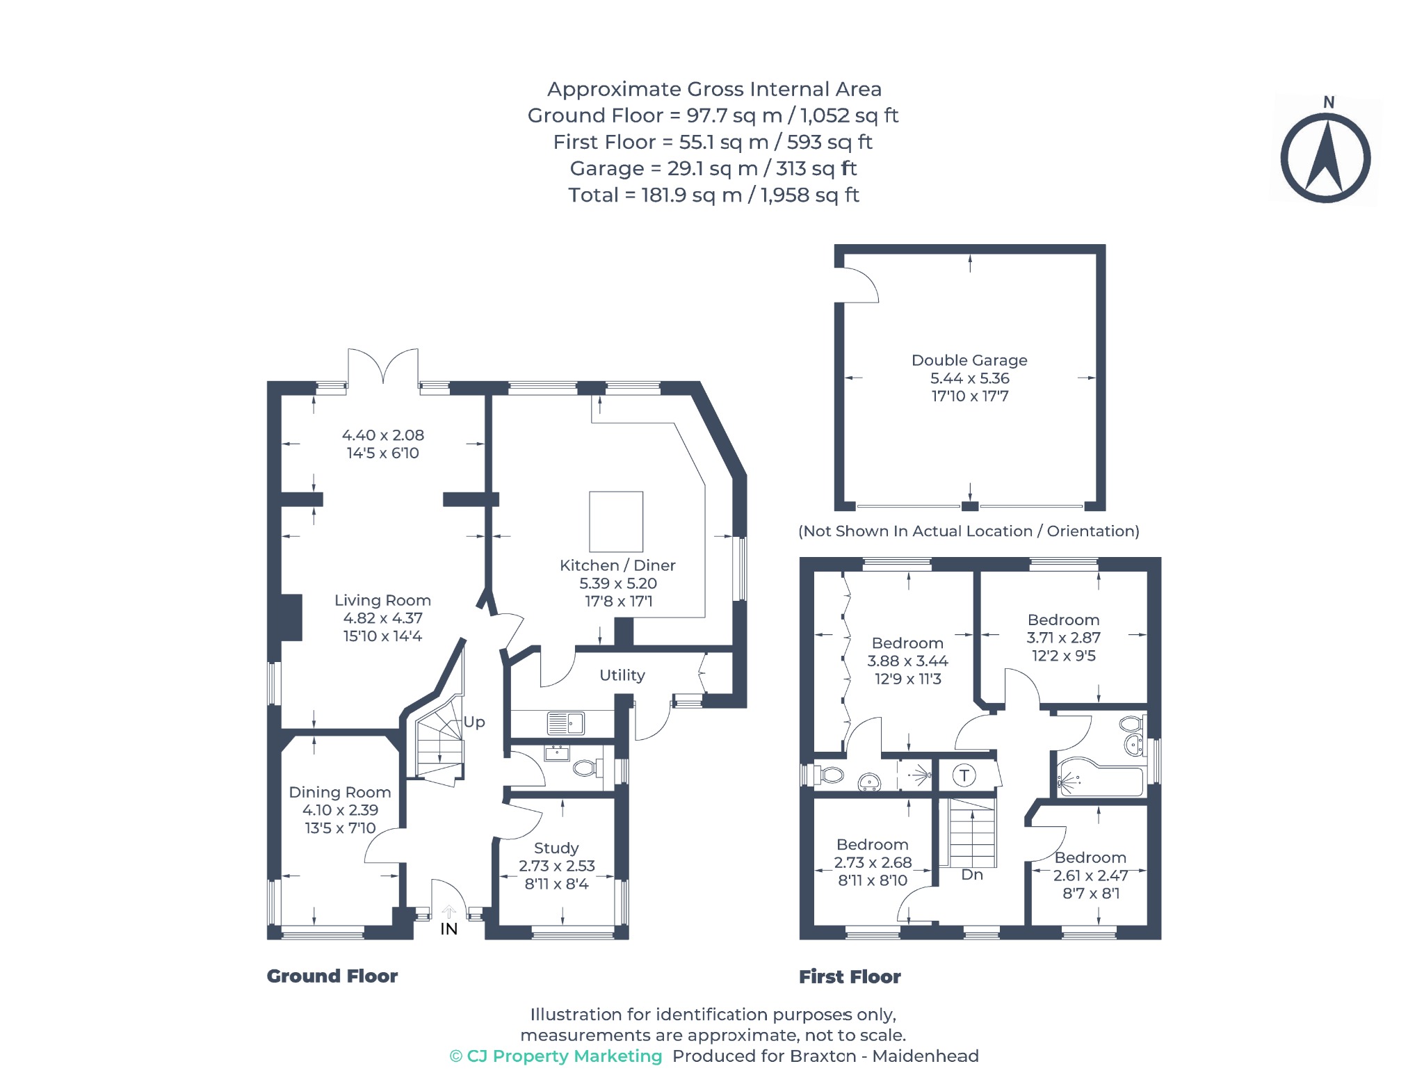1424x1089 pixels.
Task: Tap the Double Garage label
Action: pyautogui.click(x=969, y=360)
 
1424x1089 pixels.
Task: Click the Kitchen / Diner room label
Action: pyautogui.click(x=617, y=565)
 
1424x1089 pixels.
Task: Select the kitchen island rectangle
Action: pyautogui.click(x=616, y=522)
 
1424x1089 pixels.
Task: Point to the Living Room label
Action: pyautogui.click(x=382, y=600)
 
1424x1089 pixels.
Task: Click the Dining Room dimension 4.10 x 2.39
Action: pyautogui.click(x=340, y=810)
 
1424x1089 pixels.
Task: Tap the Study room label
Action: pyautogui.click(x=556, y=848)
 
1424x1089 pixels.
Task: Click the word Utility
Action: pyautogui.click(x=622, y=675)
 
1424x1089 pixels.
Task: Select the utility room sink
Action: pyautogui.click(x=565, y=723)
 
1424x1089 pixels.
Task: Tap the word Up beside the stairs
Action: pyautogui.click(x=474, y=723)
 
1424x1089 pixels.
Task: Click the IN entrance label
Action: pyautogui.click(x=449, y=929)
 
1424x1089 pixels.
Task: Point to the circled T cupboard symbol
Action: pyautogui.click(x=964, y=775)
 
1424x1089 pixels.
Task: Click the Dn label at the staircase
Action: pyautogui.click(x=972, y=875)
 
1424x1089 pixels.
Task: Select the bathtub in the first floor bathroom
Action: pyautogui.click(x=1100, y=777)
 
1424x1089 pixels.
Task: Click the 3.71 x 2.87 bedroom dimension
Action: pyautogui.click(x=1064, y=638)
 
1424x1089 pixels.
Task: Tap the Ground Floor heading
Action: pyautogui.click(x=332, y=976)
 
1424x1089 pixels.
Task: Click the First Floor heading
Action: pyautogui.click(x=850, y=977)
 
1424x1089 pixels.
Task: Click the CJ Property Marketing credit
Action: pyautogui.click(x=556, y=1056)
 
